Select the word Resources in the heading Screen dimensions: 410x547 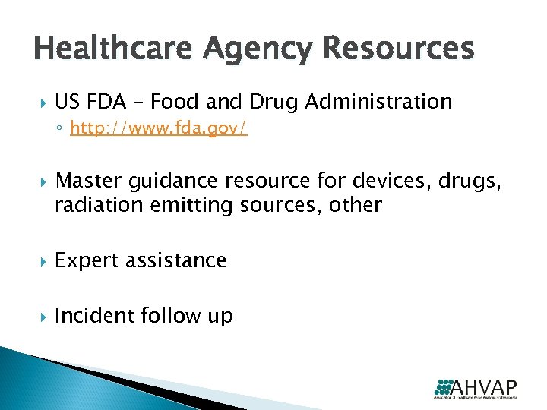(397, 49)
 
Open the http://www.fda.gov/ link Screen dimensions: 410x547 (159, 130)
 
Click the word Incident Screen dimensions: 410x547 (96, 315)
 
